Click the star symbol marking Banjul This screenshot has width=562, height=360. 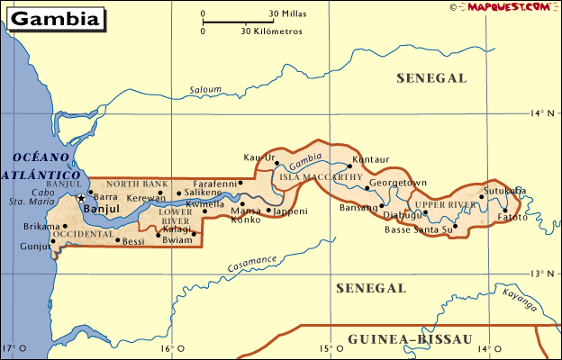point(81,197)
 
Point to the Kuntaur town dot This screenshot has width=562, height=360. point(349,166)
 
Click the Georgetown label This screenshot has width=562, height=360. point(397,183)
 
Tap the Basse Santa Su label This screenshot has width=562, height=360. point(418,229)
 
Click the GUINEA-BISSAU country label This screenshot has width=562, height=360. point(409,339)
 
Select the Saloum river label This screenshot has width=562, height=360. point(204,90)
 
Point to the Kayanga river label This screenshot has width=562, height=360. point(520,294)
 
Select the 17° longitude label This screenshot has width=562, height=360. point(10,348)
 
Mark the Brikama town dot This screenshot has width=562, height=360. point(65,226)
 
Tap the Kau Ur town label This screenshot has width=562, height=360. point(259,157)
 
